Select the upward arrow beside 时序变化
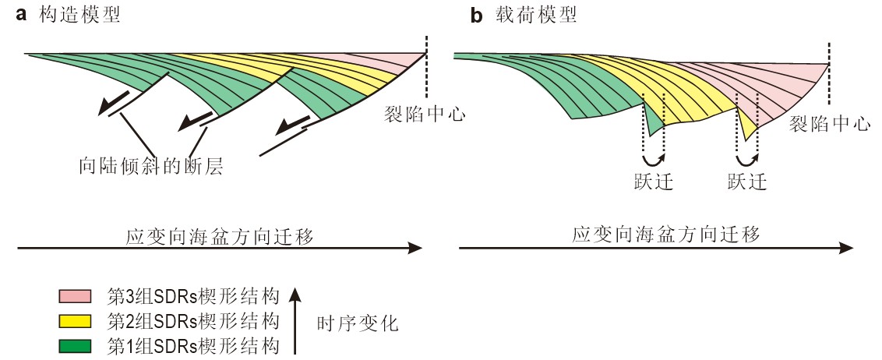pyautogui.click(x=295, y=319)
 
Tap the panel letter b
pyautogui.click(x=477, y=15)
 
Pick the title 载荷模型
pyautogui.click(x=535, y=15)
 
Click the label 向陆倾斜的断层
pyautogui.click(x=151, y=166)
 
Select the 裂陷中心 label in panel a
pyautogui.click(x=425, y=115)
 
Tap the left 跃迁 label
pyautogui.click(x=653, y=182)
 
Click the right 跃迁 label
pyautogui.click(x=747, y=182)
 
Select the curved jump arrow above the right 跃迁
pyautogui.click(x=748, y=160)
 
